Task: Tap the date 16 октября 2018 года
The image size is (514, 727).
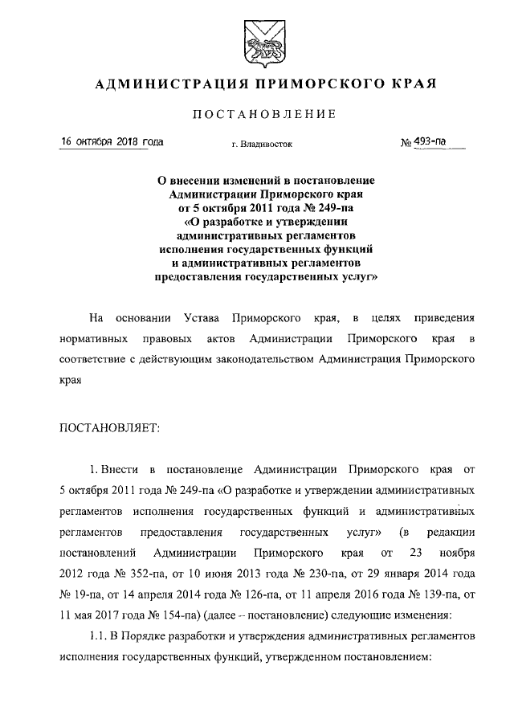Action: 113,143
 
